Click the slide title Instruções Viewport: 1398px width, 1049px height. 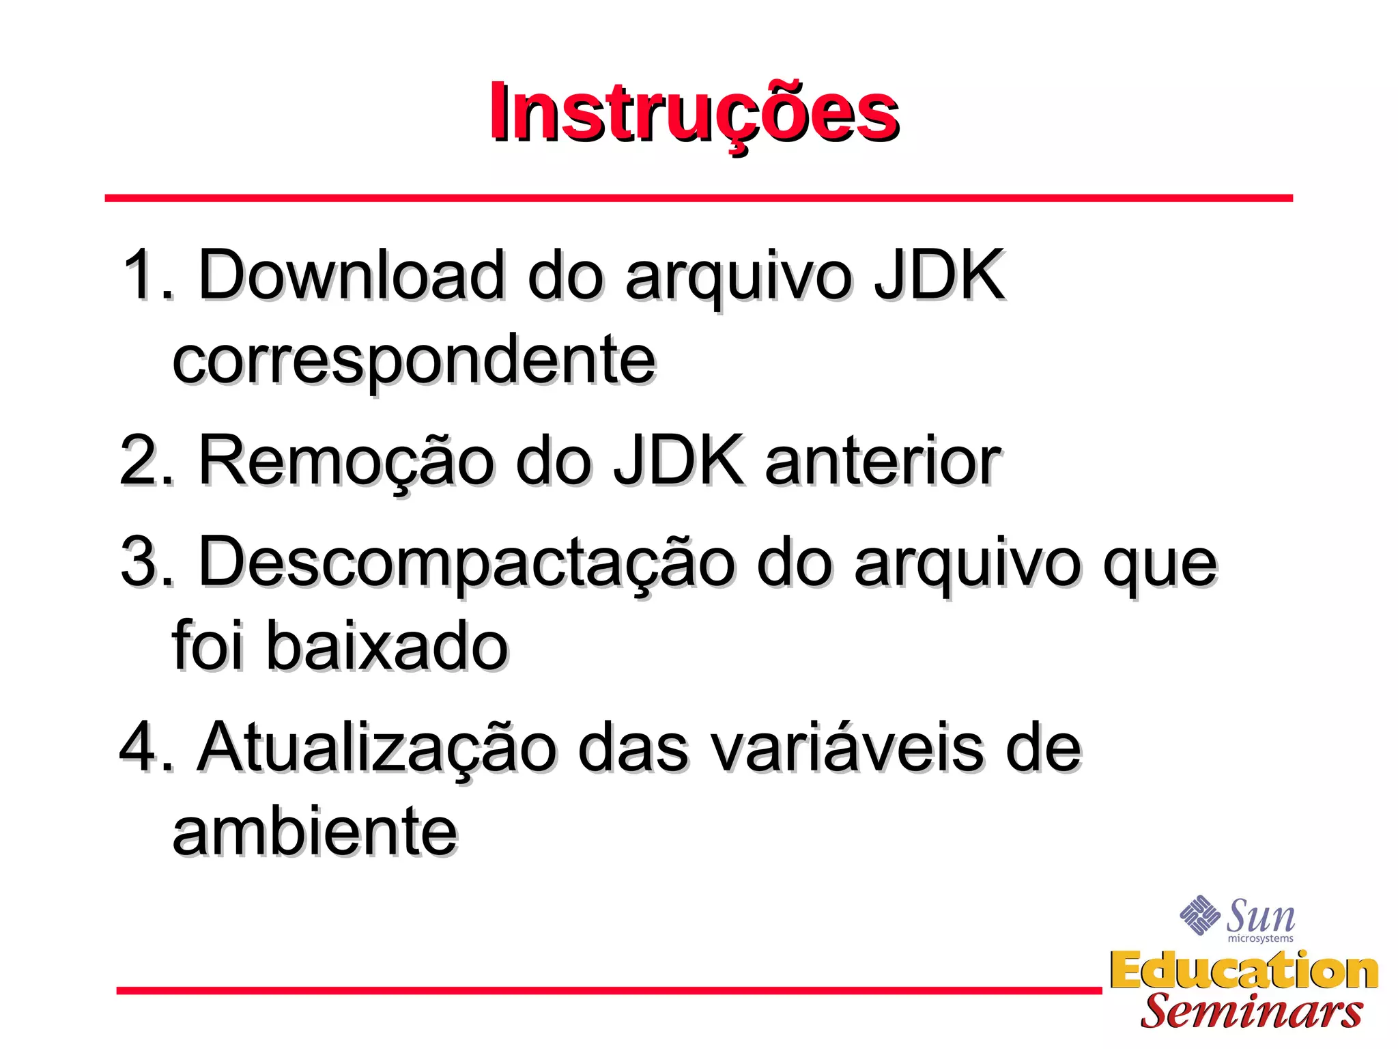pos(694,113)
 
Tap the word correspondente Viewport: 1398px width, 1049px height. pos(414,360)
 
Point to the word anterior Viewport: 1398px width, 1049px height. pos(883,461)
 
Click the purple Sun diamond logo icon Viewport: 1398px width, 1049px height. pos(1199,914)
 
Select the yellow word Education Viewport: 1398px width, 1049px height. pos(1244,970)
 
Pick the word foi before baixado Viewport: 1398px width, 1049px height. pos(208,645)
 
